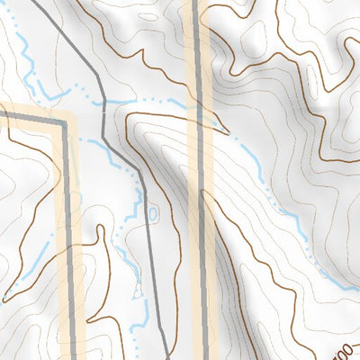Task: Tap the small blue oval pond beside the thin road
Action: click(x=152, y=213)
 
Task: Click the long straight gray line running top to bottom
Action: click(x=199, y=225)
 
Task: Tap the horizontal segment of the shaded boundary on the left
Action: click(x=31, y=114)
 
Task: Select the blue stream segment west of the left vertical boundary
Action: click(x=36, y=261)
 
